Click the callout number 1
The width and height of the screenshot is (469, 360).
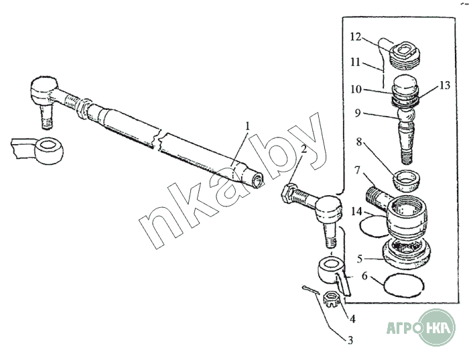click(x=247, y=126)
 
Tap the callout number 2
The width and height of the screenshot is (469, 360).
click(x=304, y=149)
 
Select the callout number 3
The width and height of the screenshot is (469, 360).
click(x=350, y=341)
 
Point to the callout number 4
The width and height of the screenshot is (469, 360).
click(x=352, y=319)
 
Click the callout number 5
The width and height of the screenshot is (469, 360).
click(x=360, y=259)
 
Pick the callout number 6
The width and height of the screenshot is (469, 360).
click(x=364, y=276)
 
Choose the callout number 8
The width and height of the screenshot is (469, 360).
click(x=359, y=142)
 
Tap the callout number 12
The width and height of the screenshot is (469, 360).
click(x=356, y=38)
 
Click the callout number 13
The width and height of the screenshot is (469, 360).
click(x=445, y=85)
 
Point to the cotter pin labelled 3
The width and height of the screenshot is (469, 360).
click(x=310, y=290)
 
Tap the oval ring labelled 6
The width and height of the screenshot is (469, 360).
click(x=404, y=286)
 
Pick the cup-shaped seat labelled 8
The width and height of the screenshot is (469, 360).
click(x=406, y=180)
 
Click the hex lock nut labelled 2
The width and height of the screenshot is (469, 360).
click(x=289, y=194)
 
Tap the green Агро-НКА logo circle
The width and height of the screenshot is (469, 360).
click(x=438, y=328)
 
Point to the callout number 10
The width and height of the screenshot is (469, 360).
click(x=356, y=89)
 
